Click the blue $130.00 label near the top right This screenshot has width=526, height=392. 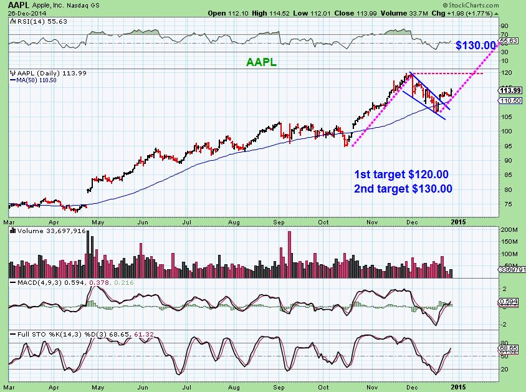(476, 45)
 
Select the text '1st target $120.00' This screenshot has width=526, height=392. (401, 174)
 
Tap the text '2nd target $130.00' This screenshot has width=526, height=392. (403, 188)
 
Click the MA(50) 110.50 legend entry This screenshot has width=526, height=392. (36, 80)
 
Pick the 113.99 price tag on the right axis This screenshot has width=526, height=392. (510, 91)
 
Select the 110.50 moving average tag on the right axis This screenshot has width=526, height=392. (510, 100)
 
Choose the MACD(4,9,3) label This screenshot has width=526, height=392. (31, 283)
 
